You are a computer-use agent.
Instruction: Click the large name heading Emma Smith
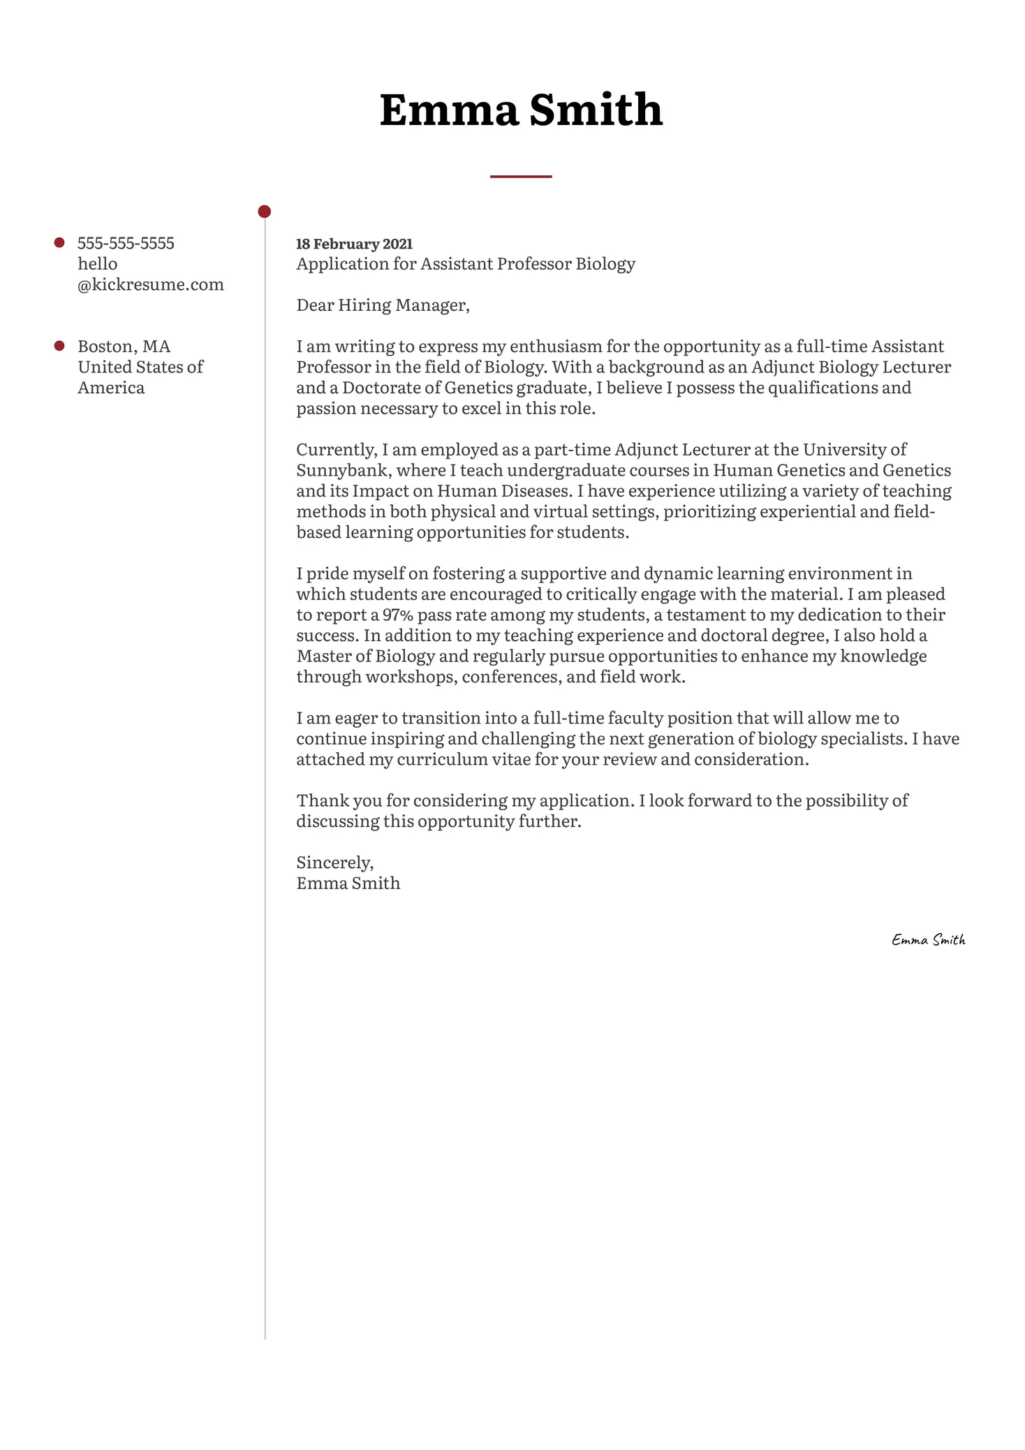tap(520, 110)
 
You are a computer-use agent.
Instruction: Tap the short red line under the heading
tap(520, 177)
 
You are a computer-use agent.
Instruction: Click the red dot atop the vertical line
tap(264, 211)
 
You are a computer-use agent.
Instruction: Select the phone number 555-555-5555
tap(126, 243)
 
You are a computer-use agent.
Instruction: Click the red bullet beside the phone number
tap(59, 243)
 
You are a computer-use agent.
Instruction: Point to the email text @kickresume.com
tap(151, 284)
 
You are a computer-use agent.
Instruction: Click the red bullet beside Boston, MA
tap(59, 346)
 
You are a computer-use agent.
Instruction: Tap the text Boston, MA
tap(124, 346)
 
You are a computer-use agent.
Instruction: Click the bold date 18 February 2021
tap(354, 244)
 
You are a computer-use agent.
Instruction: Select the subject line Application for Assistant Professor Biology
tap(466, 264)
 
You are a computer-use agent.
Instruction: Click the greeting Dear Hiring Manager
tap(383, 305)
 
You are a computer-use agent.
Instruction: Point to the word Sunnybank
tap(341, 470)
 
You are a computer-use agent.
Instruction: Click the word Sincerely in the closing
tap(334, 863)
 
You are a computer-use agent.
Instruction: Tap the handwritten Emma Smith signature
tap(928, 940)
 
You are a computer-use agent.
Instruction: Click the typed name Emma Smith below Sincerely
tap(348, 884)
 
